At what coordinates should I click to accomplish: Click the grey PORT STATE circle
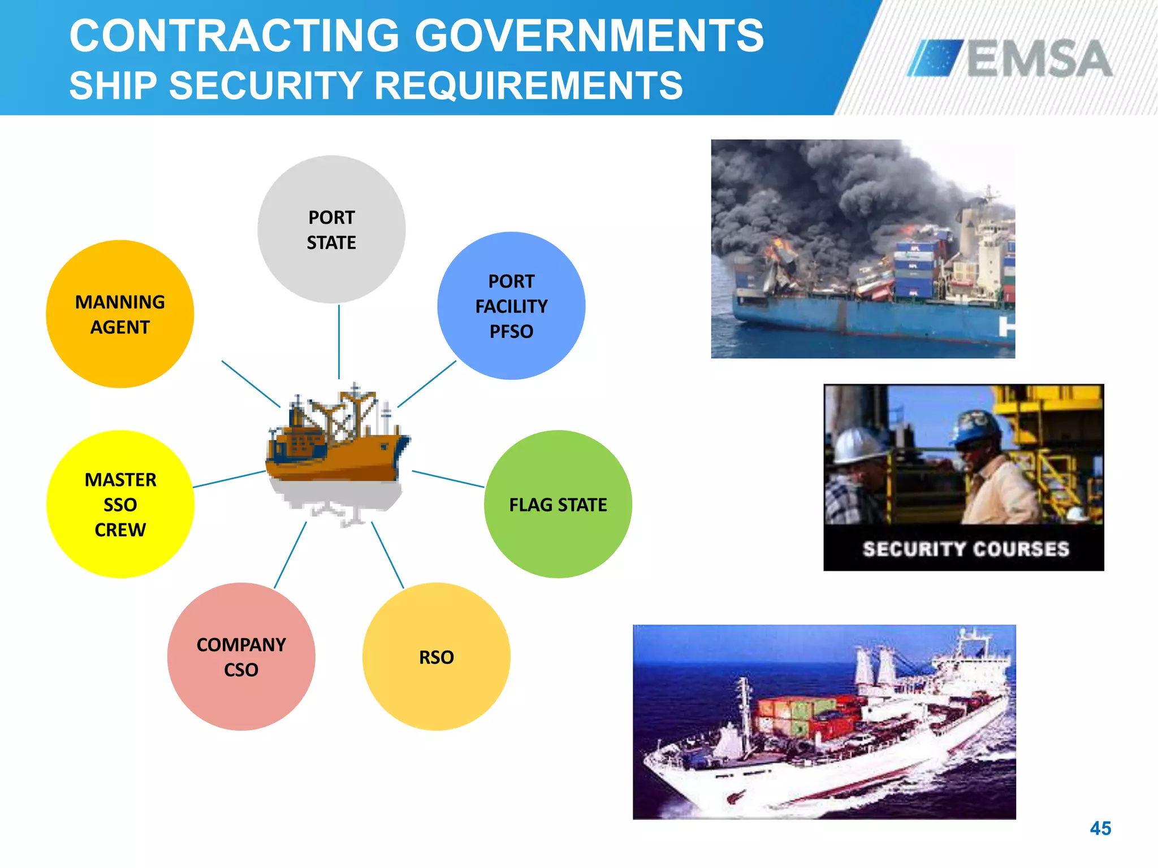[x=331, y=229]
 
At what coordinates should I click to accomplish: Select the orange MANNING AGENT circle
[x=120, y=314]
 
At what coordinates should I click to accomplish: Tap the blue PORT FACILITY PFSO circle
[x=511, y=306]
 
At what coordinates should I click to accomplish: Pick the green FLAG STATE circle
[x=558, y=504]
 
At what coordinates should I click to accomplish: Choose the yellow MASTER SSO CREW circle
[x=120, y=504]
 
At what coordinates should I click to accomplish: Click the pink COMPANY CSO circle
[x=241, y=657]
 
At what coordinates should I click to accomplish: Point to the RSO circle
[x=436, y=657]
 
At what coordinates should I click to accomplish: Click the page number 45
[x=1100, y=828]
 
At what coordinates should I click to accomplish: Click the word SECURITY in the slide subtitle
[x=266, y=86]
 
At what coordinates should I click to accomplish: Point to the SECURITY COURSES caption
[x=966, y=549]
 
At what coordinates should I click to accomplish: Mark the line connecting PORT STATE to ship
[x=339, y=342]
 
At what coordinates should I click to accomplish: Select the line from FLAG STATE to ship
[x=448, y=479]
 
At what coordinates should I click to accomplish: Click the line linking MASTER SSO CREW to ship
[x=229, y=479]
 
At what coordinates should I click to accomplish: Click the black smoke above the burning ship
[x=837, y=186]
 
